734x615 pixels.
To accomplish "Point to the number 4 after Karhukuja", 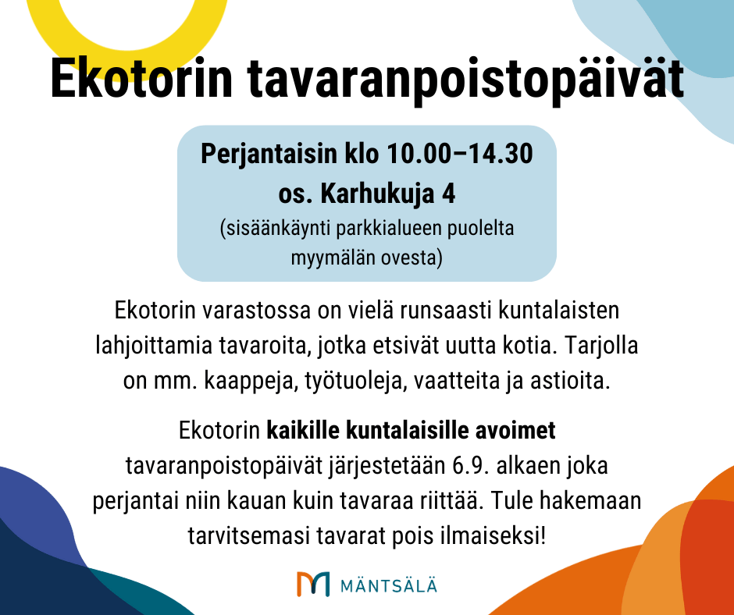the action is (448, 194).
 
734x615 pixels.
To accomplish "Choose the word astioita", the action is (570, 381).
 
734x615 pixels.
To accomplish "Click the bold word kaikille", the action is (303, 431).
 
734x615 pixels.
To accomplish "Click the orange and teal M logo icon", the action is (312, 584).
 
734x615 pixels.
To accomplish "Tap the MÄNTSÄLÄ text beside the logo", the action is (388, 585).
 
